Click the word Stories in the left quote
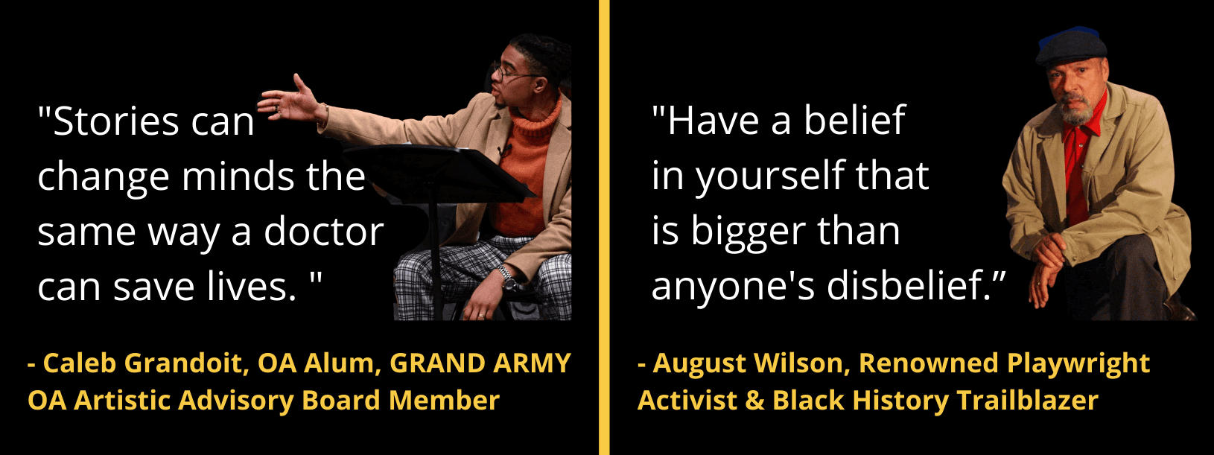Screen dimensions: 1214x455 point(116,121)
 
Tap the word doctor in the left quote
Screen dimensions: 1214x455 point(324,232)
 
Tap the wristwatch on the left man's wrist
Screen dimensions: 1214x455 point(507,278)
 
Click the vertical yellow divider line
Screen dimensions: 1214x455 point(604,228)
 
